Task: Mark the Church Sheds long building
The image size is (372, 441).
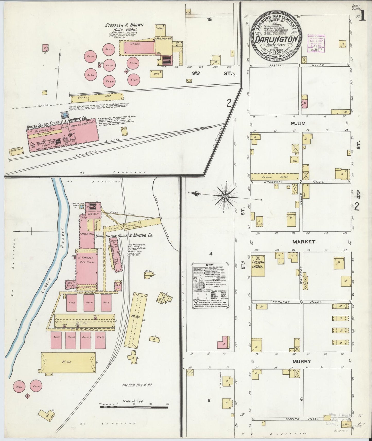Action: pyautogui.click(x=274, y=177)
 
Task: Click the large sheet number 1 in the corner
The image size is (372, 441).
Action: pyautogui.click(x=363, y=16)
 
